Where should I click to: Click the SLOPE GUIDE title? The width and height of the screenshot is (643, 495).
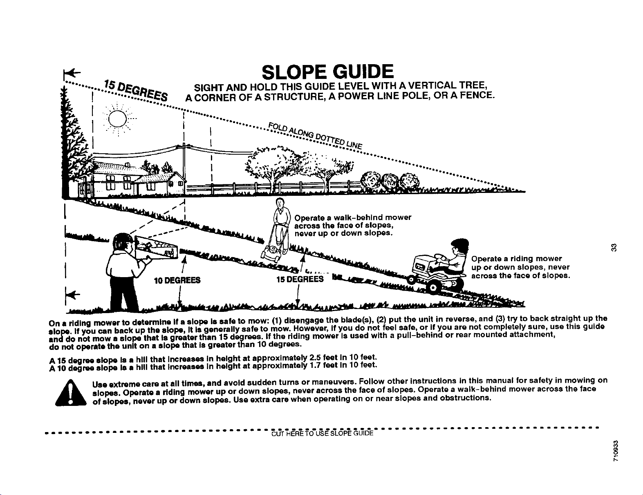(x=327, y=72)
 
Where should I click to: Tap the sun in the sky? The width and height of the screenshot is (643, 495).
(x=118, y=119)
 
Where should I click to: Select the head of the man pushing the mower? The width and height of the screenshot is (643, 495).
(x=280, y=203)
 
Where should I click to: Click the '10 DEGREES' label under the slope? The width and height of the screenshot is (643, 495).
(x=177, y=280)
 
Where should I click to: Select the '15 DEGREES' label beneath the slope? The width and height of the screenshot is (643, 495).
(x=300, y=279)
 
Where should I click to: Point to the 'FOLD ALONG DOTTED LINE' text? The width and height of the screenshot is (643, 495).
(x=315, y=136)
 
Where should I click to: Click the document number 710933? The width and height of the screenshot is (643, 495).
(x=616, y=451)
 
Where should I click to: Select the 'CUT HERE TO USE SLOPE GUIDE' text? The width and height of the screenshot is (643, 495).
(x=322, y=434)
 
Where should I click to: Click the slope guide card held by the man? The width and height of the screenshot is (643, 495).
(x=156, y=247)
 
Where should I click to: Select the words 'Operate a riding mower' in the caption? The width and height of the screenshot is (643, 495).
(x=516, y=259)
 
